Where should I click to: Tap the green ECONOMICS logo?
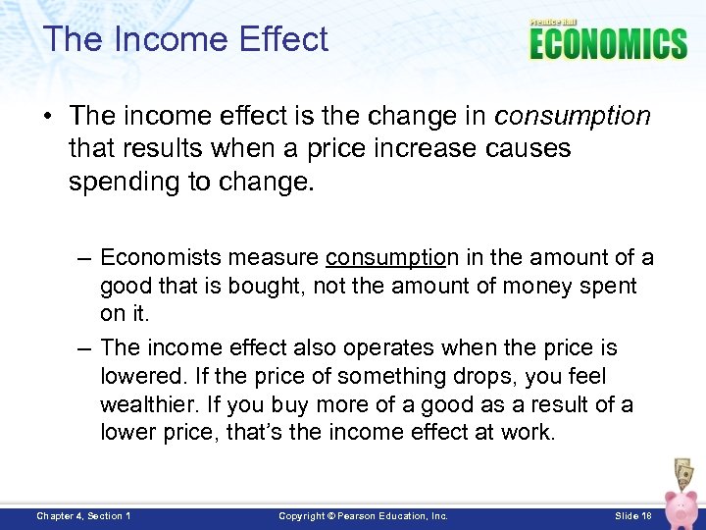[608, 44]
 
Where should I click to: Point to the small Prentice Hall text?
[554, 22]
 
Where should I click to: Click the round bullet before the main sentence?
[46, 118]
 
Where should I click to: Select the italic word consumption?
[573, 117]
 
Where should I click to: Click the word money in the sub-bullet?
[535, 286]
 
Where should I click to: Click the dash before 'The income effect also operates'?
[85, 347]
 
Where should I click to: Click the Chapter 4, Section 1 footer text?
[83, 515]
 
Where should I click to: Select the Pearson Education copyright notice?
[363, 515]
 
